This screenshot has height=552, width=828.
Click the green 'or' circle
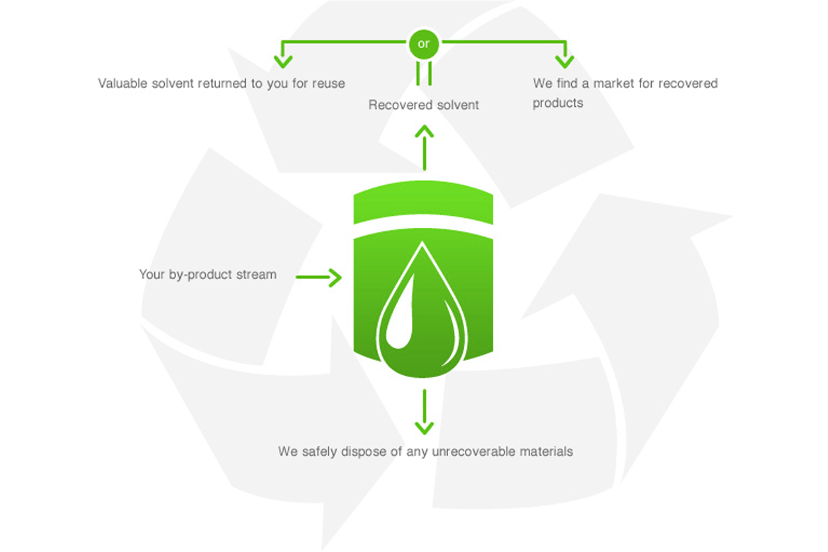pyautogui.click(x=424, y=44)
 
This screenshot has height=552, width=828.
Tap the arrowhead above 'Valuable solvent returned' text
pyautogui.click(x=283, y=59)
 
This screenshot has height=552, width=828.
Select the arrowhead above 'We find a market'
pyautogui.click(x=564, y=59)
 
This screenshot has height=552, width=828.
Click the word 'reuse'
pyautogui.click(x=328, y=84)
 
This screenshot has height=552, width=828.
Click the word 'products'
pyautogui.click(x=558, y=103)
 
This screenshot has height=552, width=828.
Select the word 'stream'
pyautogui.click(x=255, y=275)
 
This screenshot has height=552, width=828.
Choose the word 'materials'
pyautogui.click(x=546, y=451)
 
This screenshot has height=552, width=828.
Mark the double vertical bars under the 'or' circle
pyautogui.click(x=424, y=74)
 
